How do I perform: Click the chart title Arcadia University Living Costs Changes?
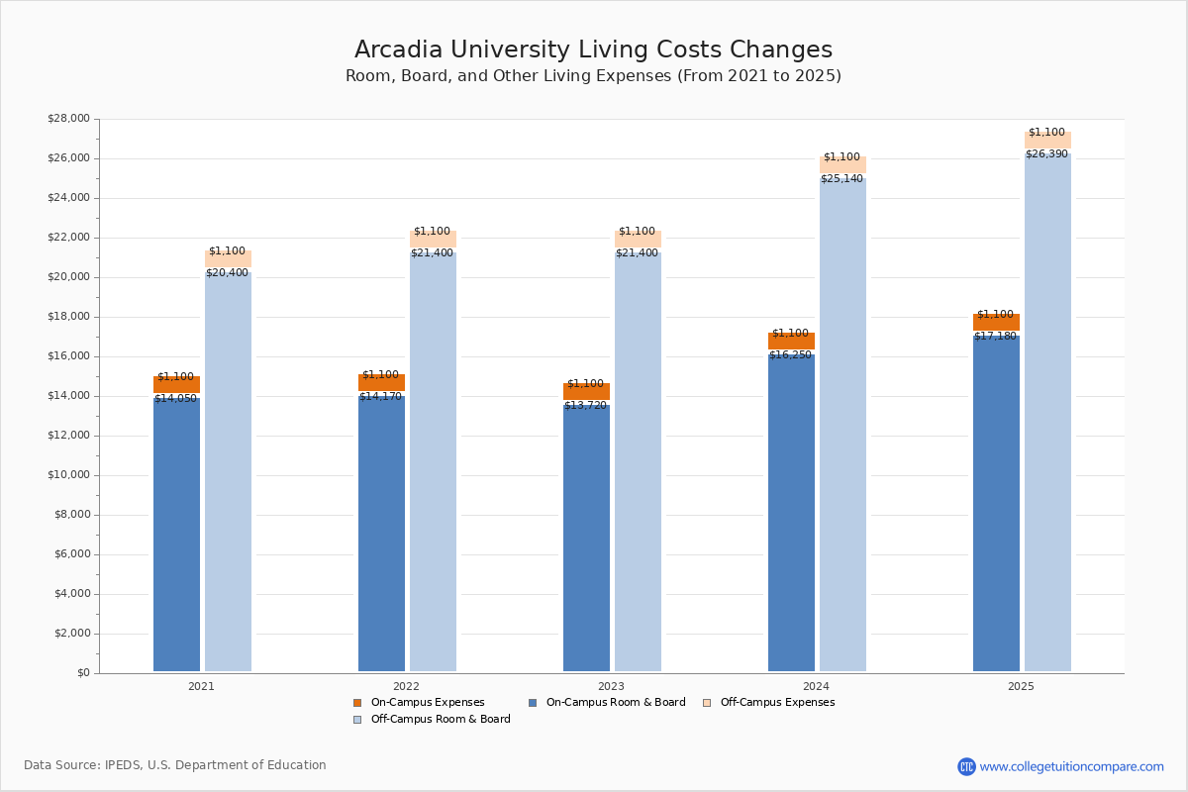coord(593,50)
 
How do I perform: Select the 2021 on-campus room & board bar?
coord(176,535)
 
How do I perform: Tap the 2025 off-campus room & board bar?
coord(1047,416)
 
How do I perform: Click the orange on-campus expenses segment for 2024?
coord(791,342)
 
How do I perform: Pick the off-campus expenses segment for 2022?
coord(433,240)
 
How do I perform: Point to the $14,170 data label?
coord(380,397)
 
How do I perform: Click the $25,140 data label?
coord(841,179)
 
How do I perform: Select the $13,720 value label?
coord(585,406)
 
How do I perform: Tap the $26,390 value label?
coord(1046,154)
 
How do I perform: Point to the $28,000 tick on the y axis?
coord(68,119)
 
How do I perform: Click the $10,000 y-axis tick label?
coord(68,475)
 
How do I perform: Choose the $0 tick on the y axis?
coord(82,673)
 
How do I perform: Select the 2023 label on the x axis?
coord(611,686)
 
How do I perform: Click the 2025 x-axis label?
coord(1021,686)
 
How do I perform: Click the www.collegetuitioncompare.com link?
coord(1071,766)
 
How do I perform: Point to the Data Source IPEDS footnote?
coord(175,765)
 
